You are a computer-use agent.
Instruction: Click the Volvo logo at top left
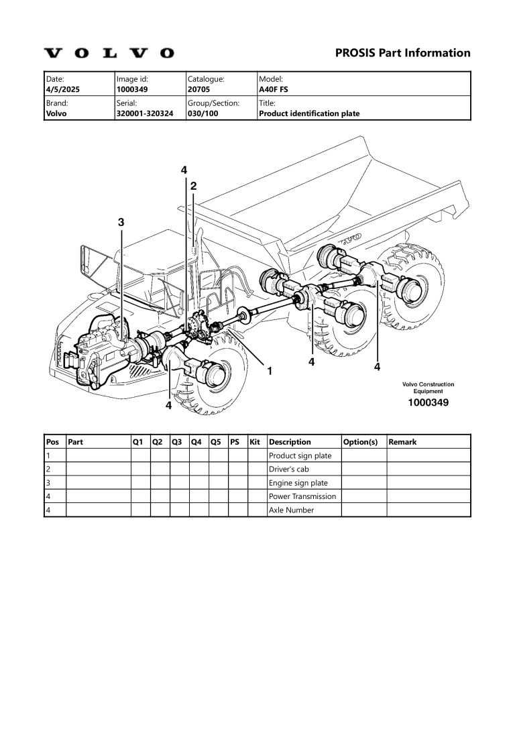coord(109,53)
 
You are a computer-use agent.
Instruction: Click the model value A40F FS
coord(274,89)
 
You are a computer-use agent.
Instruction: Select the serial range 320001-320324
coord(145,113)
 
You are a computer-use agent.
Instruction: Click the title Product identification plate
coord(309,113)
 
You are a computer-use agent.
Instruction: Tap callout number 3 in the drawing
coord(121,222)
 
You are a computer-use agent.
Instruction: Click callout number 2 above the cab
coord(193,186)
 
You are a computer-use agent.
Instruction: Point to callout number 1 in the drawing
coord(269,370)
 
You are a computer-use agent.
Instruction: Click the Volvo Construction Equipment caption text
coord(428,388)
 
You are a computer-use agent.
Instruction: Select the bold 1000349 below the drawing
coord(428,403)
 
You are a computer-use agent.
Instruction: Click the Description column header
coord(290,442)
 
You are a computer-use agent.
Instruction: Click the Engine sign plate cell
coord(298,483)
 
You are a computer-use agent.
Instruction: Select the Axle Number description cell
coord(291,510)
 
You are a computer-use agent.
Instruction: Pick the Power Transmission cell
coord(302,496)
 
